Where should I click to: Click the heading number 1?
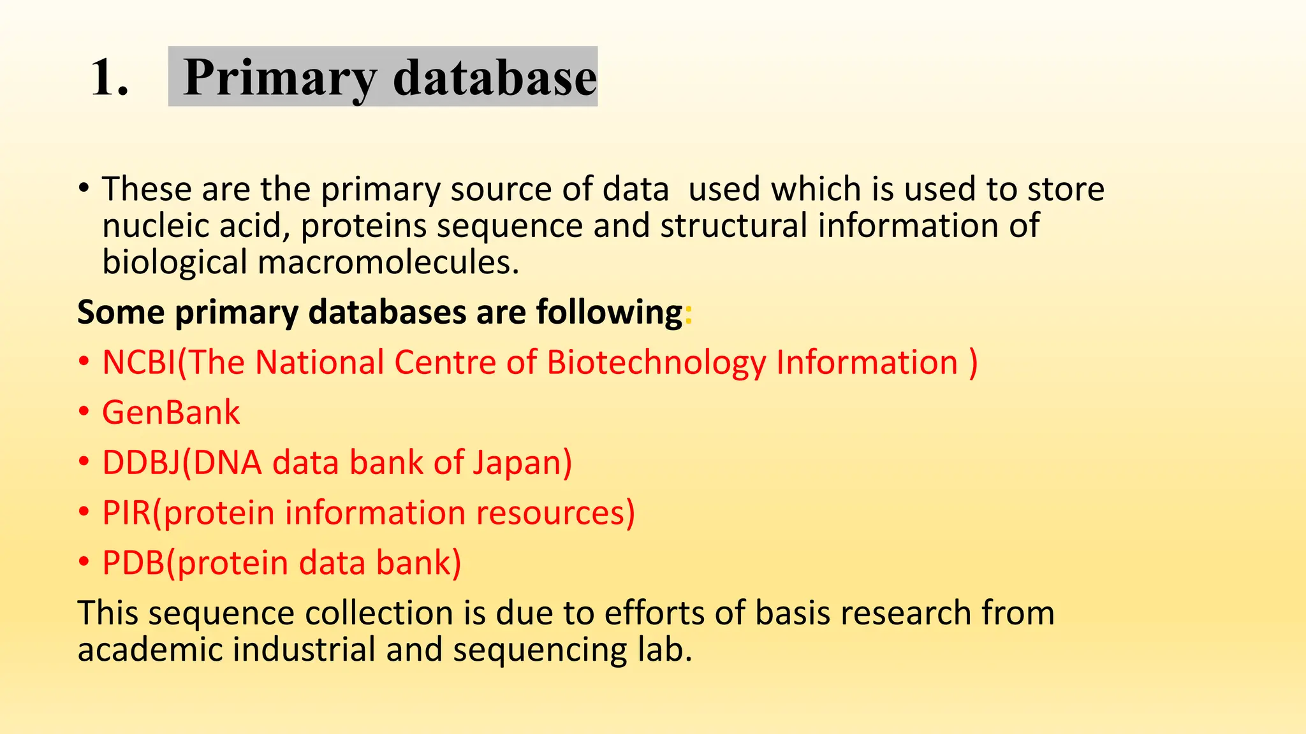coord(109,78)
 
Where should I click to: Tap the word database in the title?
coord(495,78)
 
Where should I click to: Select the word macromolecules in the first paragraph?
coord(388,263)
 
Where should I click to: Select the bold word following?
coord(609,313)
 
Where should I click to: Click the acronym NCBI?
coord(138,363)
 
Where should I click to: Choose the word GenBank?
coord(171,412)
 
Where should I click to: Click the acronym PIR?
coord(126,513)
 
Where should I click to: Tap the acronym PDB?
coord(133,563)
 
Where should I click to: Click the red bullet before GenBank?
coord(84,412)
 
